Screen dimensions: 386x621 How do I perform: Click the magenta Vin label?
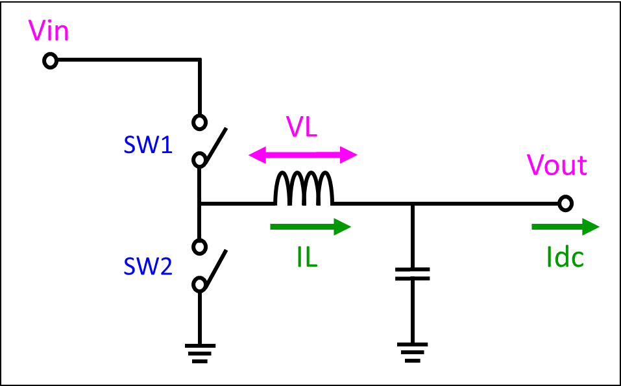(x=49, y=32)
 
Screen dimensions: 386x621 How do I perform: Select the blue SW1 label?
(x=148, y=145)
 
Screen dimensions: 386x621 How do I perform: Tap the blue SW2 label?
(x=148, y=267)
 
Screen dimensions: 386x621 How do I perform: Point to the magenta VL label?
(x=302, y=128)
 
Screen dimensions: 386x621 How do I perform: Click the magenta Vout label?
(x=557, y=165)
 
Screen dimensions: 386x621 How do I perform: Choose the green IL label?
(x=306, y=258)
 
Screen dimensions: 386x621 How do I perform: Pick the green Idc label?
(x=565, y=258)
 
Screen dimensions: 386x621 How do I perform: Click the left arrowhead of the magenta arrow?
(x=256, y=155)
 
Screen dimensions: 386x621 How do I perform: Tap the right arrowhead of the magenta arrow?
(x=350, y=155)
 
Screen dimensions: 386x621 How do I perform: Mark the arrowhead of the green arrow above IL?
(x=343, y=226)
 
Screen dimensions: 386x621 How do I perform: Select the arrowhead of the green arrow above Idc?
(x=591, y=226)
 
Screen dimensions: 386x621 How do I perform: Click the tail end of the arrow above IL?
(x=273, y=226)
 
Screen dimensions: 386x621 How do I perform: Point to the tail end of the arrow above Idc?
(x=534, y=226)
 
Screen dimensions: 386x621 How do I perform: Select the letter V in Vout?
(x=535, y=165)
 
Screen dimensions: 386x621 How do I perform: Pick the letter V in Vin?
(x=36, y=32)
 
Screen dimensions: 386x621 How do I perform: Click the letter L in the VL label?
(x=311, y=128)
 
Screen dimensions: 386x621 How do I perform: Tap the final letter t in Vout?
(x=583, y=166)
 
